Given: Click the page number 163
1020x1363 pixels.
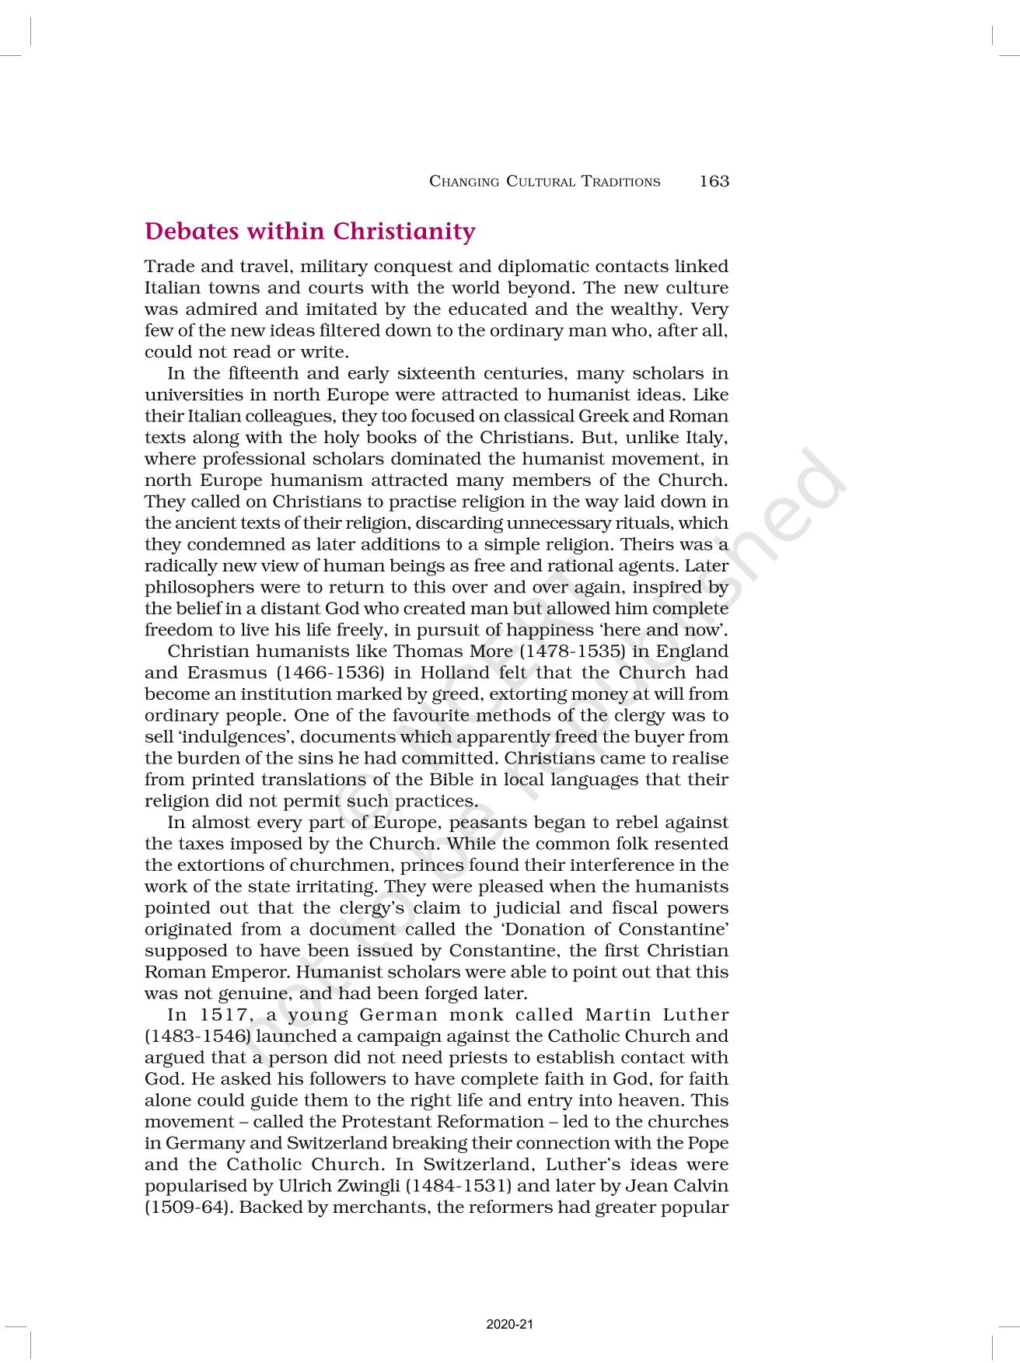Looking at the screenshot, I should [714, 181].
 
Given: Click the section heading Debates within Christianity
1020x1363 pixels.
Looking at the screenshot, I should [309, 232].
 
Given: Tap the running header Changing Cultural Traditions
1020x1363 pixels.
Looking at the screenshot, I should [544, 182].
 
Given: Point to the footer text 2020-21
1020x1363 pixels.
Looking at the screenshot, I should [509, 1324].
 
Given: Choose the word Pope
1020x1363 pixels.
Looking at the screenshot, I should [708, 1144].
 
